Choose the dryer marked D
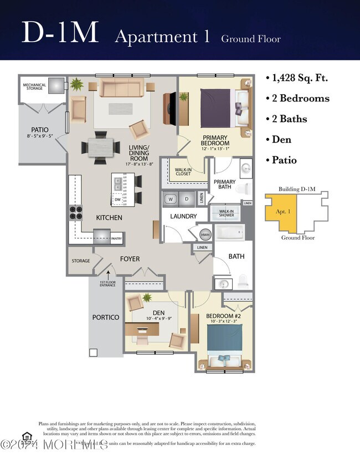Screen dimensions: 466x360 pyautogui.click(x=187, y=198)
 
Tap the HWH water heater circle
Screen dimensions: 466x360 pyautogui.click(x=204, y=234)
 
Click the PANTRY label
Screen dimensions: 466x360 pyautogui.click(x=116, y=239)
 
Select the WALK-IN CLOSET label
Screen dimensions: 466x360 pyautogui.click(x=183, y=172)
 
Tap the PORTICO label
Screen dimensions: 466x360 pyautogui.click(x=106, y=318)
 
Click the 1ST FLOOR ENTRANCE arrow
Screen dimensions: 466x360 pyautogui.click(x=109, y=273)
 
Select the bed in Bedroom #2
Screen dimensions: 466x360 pyautogui.click(x=225, y=344)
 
